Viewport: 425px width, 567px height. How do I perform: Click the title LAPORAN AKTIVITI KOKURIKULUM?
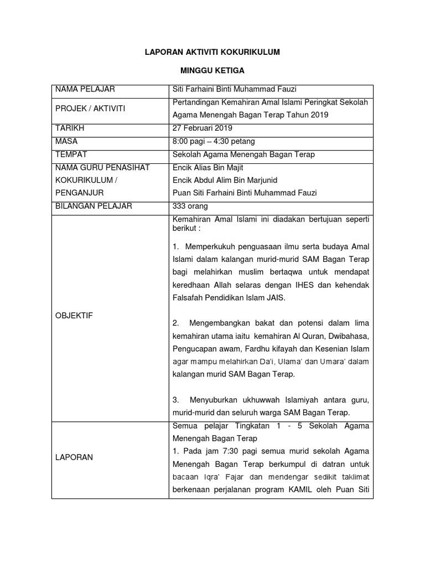click(212, 52)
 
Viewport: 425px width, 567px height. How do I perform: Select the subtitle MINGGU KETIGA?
click(212, 71)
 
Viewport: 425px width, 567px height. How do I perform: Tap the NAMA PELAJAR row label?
click(85, 90)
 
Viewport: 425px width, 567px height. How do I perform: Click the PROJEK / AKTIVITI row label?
click(90, 109)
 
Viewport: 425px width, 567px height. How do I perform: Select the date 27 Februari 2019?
click(203, 128)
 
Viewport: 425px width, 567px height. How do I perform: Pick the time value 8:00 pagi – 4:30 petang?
click(214, 141)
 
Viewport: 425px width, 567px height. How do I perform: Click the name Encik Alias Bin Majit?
click(208, 168)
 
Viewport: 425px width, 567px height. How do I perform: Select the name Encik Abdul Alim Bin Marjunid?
click(225, 180)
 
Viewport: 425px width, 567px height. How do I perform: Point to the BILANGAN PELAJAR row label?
click(94, 206)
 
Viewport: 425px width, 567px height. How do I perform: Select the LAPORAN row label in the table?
click(74, 457)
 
